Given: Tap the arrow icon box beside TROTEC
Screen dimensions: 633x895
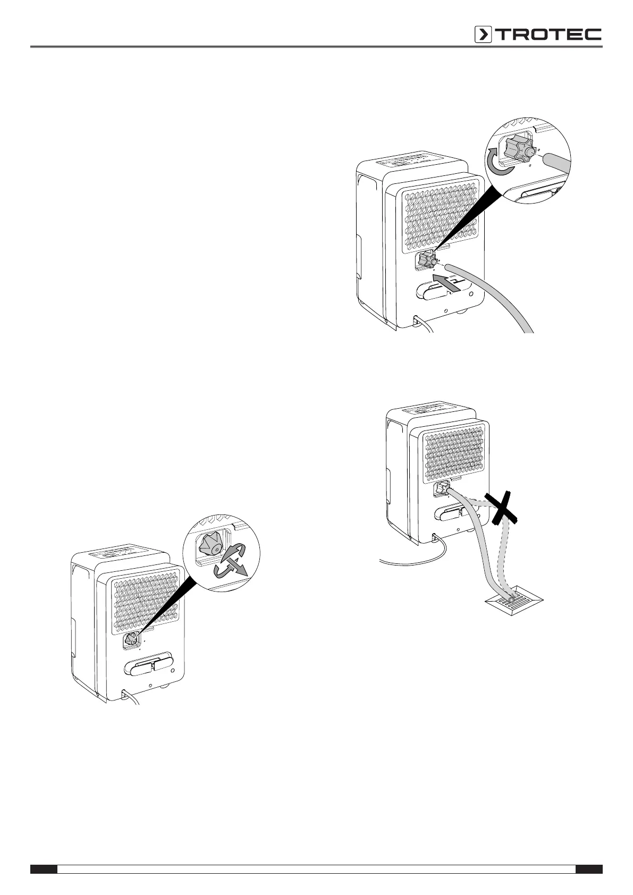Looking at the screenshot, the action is [x=483, y=35].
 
